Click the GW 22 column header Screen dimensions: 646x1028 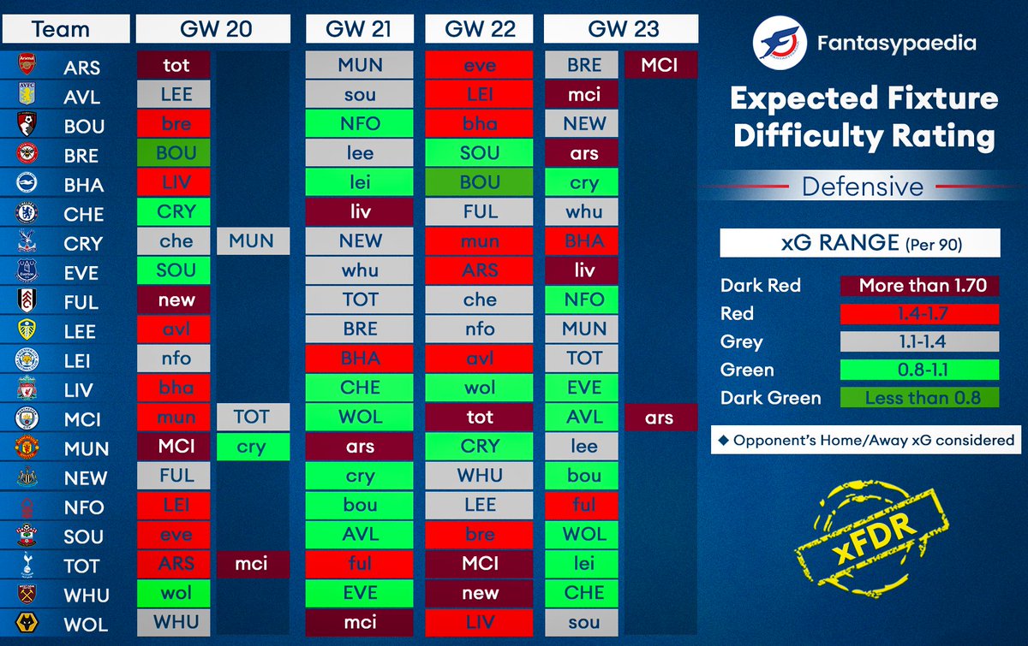pos(480,29)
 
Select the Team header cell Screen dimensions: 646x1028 pos(61,29)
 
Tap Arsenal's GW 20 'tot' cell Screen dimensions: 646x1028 pos(176,65)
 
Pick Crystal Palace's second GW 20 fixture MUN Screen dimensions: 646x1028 pos(252,241)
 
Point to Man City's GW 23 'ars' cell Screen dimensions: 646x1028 pos(660,418)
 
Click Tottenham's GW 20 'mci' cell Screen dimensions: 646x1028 pos(252,563)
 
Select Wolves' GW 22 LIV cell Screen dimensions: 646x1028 pos(480,622)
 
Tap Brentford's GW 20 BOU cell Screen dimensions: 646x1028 pos(176,154)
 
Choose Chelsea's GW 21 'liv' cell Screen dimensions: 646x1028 pos(360,211)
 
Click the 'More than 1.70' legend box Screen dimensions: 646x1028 pos(919,285)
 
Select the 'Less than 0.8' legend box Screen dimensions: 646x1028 pos(919,398)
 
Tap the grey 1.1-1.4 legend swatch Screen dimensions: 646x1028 pos(919,341)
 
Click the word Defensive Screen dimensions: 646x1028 pos(862,187)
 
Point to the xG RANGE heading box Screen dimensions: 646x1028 pos(859,243)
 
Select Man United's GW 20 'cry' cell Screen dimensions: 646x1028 pos(252,447)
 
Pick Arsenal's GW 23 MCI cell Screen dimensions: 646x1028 pos(660,65)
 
